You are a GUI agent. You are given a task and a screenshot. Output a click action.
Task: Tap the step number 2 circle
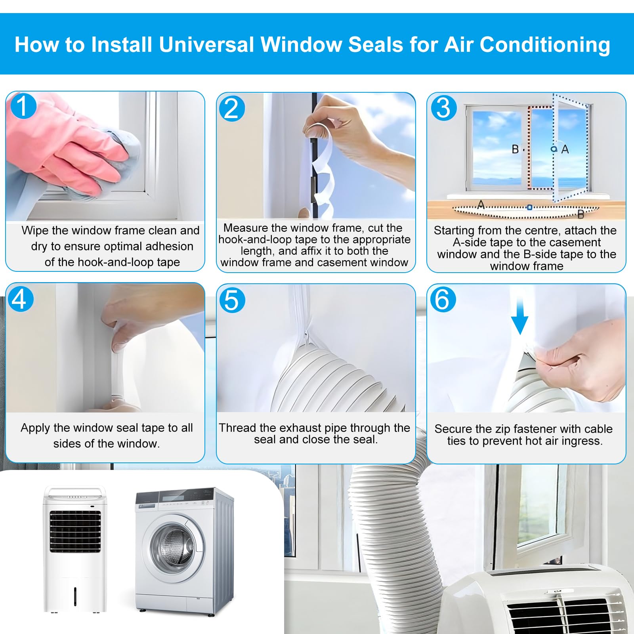tap(232, 108)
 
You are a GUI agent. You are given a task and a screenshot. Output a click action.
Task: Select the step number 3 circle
tap(444, 108)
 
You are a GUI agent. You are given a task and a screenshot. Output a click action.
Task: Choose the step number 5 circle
tap(232, 300)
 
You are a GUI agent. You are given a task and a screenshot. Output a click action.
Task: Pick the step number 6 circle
tap(443, 300)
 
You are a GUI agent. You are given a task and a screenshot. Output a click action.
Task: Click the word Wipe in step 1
tap(35, 230)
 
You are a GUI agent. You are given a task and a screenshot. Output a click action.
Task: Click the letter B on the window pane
tap(515, 149)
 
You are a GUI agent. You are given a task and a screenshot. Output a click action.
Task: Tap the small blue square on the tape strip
tap(529, 207)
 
